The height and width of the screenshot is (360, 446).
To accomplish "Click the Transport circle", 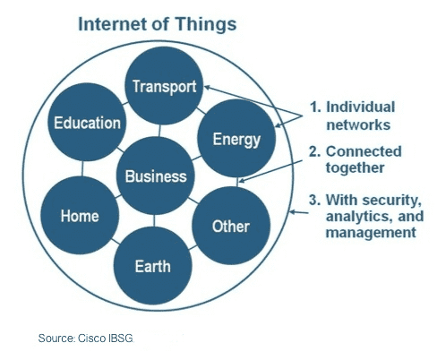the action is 164,86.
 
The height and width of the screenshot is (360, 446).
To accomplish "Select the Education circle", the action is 87,122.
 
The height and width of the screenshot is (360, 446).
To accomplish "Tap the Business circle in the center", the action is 156,176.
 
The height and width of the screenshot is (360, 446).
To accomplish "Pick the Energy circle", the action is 236,139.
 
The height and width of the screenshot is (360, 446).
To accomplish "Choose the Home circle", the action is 80,215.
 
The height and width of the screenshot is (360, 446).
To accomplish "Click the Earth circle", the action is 153,266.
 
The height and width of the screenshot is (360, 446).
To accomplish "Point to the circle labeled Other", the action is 231,226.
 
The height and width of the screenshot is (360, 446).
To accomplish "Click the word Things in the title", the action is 206,24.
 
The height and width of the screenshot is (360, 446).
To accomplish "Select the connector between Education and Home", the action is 82,168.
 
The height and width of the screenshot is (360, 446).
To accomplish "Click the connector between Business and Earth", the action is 154,221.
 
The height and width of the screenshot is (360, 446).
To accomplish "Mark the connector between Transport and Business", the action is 159,131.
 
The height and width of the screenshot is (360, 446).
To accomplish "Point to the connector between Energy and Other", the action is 237,182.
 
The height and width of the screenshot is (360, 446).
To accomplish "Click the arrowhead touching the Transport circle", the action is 207,87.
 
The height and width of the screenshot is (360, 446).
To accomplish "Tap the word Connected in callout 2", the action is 364,151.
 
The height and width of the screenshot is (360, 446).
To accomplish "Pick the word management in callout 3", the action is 371,233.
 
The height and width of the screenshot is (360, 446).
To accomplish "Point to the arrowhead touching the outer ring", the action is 293,212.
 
